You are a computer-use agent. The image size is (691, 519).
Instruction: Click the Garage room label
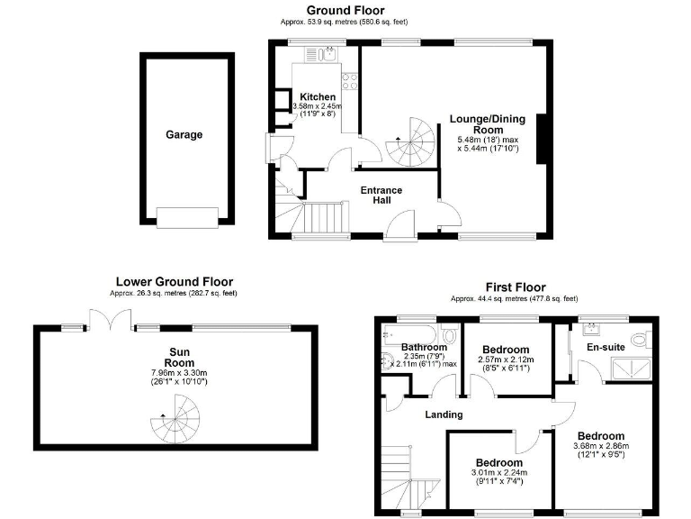[x=184, y=135]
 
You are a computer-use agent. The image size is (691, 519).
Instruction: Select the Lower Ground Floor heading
[x=174, y=281]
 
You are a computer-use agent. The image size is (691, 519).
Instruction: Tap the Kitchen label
[x=318, y=97]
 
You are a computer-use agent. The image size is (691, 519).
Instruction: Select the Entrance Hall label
[x=381, y=196]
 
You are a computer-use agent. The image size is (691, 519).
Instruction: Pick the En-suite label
[x=606, y=345]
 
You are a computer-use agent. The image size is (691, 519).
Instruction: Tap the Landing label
[x=444, y=414]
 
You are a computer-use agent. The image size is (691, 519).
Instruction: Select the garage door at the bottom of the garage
[x=186, y=217]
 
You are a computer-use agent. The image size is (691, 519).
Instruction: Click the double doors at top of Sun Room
[x=104, y=318]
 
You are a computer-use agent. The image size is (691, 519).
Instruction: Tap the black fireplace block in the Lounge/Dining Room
[x=543, y=139]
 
